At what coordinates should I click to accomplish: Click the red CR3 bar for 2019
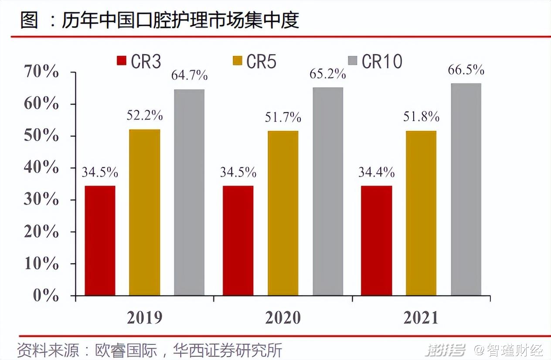(100, 241)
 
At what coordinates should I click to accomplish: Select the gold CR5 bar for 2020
(283, 213)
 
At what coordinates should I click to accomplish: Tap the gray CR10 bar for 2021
(466, 189)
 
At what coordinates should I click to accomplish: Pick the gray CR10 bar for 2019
(189, 192)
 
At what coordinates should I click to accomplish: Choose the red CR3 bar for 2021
(376, 241)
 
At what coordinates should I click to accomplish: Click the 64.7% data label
(189, 75)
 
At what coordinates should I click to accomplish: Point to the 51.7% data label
(283, 117)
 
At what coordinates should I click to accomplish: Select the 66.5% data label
(466, 70)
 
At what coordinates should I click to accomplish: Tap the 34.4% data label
(376, 172)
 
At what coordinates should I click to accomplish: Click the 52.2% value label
(145, 115)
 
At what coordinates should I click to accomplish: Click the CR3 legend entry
(139, 61)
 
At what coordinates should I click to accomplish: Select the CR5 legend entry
(255, 61)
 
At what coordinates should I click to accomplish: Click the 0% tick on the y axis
(46, 295)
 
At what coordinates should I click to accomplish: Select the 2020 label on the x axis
(283, 318)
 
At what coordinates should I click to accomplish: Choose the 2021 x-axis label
(421, 318)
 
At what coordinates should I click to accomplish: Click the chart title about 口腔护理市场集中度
(160, 20)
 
